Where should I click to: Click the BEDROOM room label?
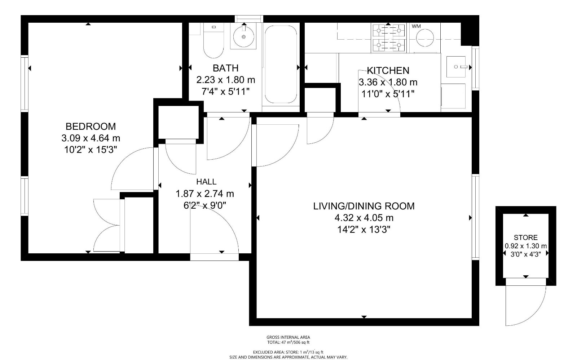tap(91, 126)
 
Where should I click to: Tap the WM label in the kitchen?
tap(416, 26)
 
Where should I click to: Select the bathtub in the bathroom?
tap(281, 65)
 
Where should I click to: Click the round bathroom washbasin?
tap(244, 37)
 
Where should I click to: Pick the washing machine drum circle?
tap(425, 38)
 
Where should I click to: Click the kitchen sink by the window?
tap(456, 67)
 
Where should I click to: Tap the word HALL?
tap(206, 182)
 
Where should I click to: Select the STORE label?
tap(526, 237)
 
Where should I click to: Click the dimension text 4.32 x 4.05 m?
tap(364, 218)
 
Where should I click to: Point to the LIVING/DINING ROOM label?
tap(364, 206)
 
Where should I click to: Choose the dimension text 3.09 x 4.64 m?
tap(91, 138)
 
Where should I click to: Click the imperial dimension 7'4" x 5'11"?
tap(226, 91)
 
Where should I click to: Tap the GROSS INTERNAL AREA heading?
tap(288, 337)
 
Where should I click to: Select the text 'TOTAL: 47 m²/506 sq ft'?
tap(288, 342)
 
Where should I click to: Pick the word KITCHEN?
tap(388, 70)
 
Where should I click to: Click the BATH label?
tap(226, 68)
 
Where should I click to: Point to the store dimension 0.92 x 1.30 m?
tap(526, 246)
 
